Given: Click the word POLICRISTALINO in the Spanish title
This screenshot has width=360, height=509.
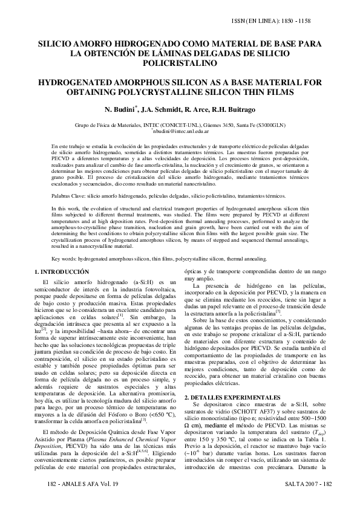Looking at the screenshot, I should click(x=179, y=62).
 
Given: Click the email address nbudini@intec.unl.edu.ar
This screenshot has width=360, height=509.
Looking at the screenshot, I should click(x=180, y=131).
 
